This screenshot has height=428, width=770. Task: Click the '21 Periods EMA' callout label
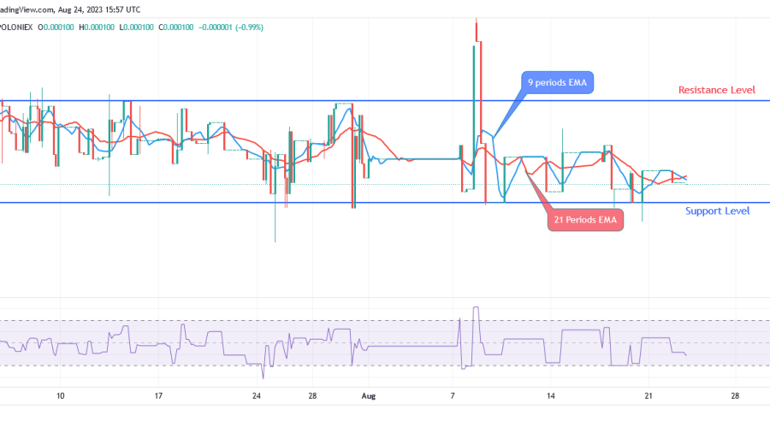click(x=586, y=220)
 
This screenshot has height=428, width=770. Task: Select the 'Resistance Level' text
click(x=715, y=90)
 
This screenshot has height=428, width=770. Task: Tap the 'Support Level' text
click(x=718, y=211)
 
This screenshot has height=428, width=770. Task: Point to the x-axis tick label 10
click(x=60, y=396)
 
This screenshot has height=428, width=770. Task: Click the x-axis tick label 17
click(x=158, y=396)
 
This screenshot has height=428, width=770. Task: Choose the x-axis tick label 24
click(x=257, y=396)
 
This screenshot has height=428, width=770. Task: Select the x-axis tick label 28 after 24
click(x=314, y=396)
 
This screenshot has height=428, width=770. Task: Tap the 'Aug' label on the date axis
click(x=369, y=396)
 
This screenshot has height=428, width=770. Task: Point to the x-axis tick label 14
click(x=552, y=396)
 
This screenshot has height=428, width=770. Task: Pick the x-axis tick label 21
click(x=649, y=396)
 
